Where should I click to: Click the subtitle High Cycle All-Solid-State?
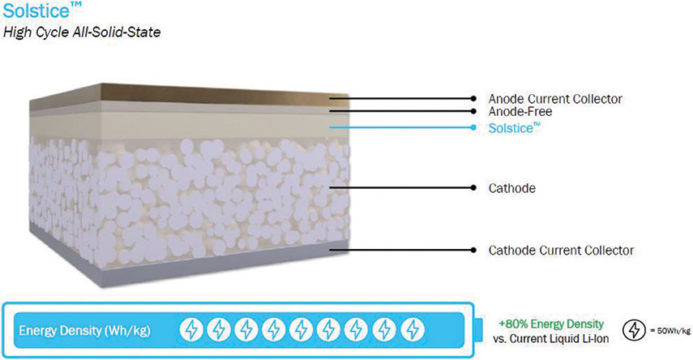(82, 32)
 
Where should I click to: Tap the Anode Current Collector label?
(555, 99)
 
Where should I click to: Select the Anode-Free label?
(520, 111)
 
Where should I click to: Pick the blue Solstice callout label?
(515, 128)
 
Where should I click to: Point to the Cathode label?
(511, 188)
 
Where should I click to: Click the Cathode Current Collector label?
(561, 251)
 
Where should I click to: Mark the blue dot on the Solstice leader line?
(473, 127)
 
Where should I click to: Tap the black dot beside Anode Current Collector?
(473, 99)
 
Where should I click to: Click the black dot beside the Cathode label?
(473, 187)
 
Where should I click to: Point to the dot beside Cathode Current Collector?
(473, 250)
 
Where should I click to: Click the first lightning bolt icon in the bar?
(191, 329)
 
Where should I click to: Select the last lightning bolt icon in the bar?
(413, 329)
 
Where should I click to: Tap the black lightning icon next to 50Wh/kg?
(634, 330)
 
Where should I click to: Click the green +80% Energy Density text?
(551, 324)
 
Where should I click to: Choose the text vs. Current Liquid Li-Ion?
(550, 339)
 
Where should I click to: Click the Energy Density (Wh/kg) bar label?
(84, 330)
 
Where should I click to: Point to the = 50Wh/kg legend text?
(669, 331)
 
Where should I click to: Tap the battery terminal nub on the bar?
(479, 329)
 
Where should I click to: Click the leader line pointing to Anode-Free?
(401, 111)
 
